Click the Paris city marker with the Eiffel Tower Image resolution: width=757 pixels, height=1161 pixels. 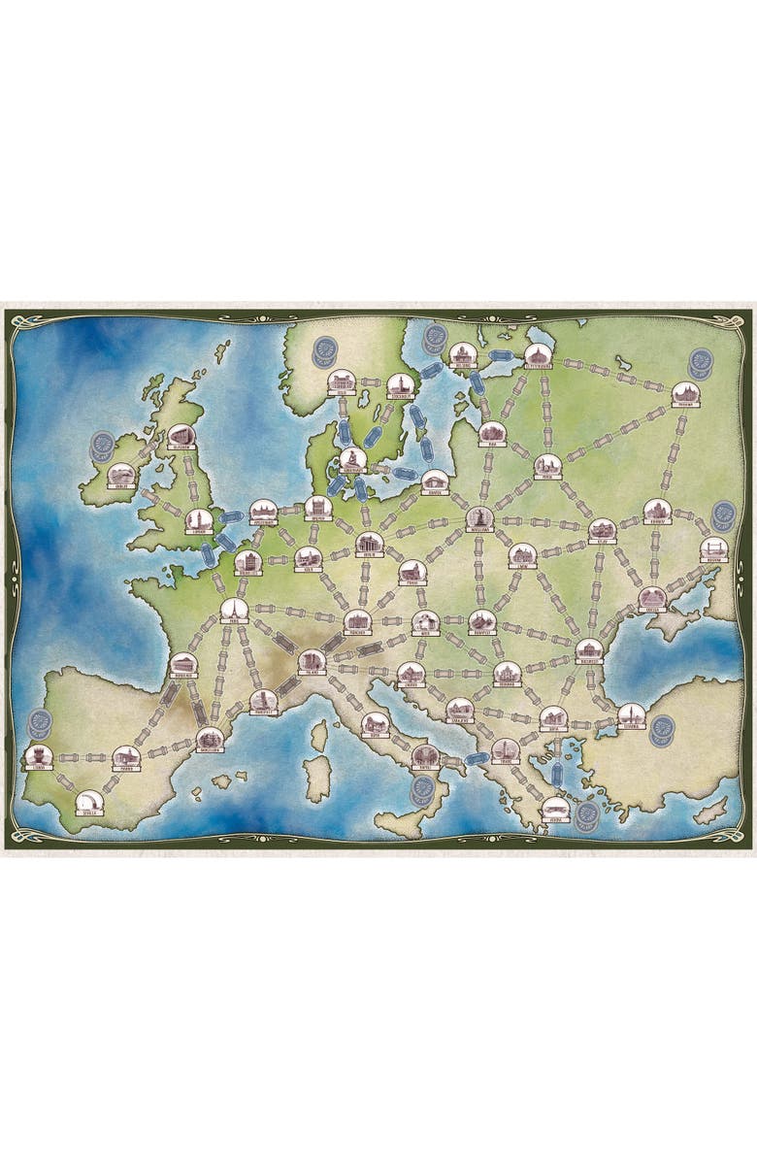(234, 611)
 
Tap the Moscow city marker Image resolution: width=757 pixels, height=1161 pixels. (685, 394)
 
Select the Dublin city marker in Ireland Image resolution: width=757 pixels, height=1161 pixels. (120, 475)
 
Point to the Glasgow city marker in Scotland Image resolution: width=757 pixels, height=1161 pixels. (180, 437)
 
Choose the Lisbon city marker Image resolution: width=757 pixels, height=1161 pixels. (38, 756)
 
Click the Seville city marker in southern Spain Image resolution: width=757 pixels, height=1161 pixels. (90, 802)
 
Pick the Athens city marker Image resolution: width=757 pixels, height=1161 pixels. (554, 809)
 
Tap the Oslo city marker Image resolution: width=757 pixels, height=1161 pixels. (340, 381)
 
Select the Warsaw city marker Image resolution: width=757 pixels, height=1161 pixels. (479, 519)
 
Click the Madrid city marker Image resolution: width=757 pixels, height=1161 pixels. (126, 758)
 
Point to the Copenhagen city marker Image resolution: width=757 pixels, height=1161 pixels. (353, 460)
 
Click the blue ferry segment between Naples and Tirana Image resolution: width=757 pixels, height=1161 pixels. (476, 758)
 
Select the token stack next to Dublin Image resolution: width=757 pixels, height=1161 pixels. (101, 447)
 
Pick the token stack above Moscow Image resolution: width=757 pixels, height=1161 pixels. (699, 364)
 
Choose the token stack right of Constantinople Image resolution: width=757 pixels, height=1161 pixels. (662, 730)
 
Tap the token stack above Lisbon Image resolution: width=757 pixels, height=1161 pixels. (40, 723)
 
